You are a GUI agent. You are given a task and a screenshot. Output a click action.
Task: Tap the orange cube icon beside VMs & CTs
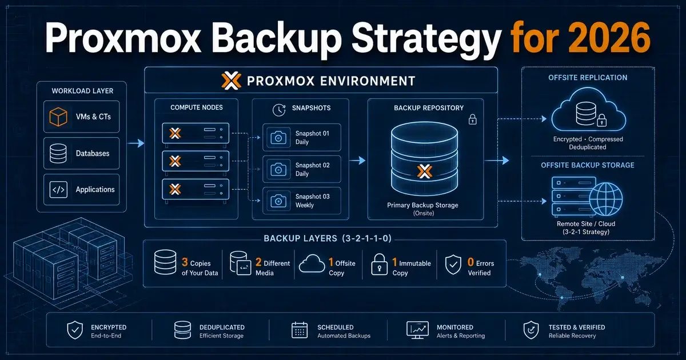(58, 117)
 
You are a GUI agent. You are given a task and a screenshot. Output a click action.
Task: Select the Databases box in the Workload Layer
(81, 153)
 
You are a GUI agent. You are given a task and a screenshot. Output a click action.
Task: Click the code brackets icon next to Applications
(58, 190)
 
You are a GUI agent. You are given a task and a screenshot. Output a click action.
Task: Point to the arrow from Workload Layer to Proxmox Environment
(135, 143)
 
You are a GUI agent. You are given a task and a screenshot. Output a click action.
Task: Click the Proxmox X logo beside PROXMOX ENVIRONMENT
(231, 81)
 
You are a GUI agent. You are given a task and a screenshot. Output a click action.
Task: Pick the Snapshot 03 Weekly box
(302, 201)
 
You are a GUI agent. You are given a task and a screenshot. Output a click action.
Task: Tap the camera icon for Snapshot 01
(278, 138)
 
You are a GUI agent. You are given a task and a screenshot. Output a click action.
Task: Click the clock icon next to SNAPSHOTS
(279, 110)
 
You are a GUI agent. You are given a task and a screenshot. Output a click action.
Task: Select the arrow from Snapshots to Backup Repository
(357, 161)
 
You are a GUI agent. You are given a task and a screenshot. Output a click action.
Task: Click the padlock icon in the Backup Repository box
(473, 119)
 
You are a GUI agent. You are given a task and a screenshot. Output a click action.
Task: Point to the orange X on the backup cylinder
(424, 171)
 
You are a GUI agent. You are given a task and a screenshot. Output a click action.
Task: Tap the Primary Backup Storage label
(422, 205)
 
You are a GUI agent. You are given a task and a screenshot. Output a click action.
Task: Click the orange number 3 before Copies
(185, 262)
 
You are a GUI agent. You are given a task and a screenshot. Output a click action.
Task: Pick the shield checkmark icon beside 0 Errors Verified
(453, 265)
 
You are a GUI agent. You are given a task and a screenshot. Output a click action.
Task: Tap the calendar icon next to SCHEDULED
(300, 330)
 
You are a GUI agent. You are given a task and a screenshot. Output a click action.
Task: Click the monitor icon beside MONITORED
(417, 330)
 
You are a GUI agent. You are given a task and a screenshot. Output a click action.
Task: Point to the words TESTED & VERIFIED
(577, 327)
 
